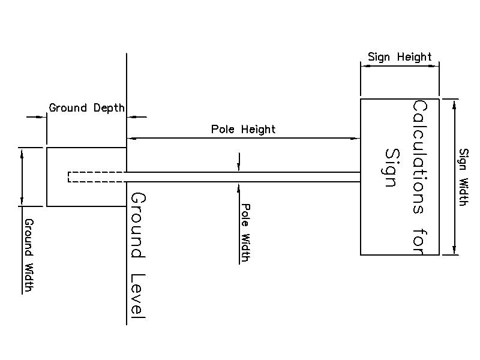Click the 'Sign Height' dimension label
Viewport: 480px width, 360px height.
click(x=400, y=57)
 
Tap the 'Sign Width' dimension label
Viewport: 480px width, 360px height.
click(x=463, y=177)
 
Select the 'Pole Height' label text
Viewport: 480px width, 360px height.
click(x=243, y=129)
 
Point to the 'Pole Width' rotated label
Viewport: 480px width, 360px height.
click(x=245, y=232)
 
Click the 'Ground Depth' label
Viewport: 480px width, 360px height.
click(x=86, y=108)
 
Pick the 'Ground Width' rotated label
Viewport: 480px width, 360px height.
click(x=28, y=255)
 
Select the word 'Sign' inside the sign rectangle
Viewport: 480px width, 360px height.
click(x=391, y=168)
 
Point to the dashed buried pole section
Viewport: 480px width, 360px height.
click(x=97, y=176)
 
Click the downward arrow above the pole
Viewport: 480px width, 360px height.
click(x=239, y=168)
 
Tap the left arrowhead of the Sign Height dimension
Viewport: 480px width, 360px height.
click(x=364, y=67)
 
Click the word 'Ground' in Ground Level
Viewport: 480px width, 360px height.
click(x=138, y=225)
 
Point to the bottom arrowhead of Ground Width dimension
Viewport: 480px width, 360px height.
click(x=22, y=202)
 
